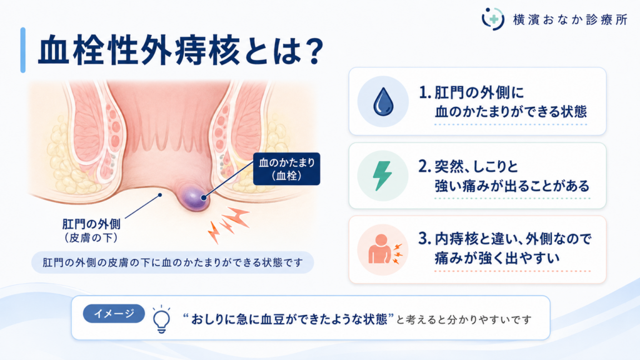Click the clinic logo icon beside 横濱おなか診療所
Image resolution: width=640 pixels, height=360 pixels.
click(492, 19)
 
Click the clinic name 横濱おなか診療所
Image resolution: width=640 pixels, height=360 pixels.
click(570, 19)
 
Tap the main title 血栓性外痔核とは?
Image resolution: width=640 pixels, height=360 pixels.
click(181, 51)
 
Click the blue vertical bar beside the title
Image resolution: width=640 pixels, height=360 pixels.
click(23, 50)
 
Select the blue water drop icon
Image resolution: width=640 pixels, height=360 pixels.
click(383, 102)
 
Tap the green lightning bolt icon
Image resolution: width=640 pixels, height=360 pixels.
click(382, 176)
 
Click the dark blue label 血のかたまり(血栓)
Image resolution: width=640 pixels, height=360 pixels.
click(286, 169)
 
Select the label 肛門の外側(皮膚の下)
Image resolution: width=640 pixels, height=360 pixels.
click(91, 231)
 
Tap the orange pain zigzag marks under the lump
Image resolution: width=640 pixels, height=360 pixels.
click(228, 224)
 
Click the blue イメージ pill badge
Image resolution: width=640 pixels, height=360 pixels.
click(114, 314)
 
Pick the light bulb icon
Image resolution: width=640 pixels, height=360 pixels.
click(161, 319)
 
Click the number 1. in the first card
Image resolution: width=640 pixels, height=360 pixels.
click(425, 93)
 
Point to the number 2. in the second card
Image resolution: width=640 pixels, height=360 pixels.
click(425, 166)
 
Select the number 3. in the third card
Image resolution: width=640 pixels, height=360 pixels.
click(425, 239)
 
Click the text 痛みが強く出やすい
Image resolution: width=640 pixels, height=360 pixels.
click(497, 258)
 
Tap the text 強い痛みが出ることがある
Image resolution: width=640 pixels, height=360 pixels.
click(512, 186)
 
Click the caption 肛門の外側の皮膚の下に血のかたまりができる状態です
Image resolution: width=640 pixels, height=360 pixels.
click(172, 262)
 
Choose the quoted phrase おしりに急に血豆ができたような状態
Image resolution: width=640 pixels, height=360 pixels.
click(289, 319)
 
